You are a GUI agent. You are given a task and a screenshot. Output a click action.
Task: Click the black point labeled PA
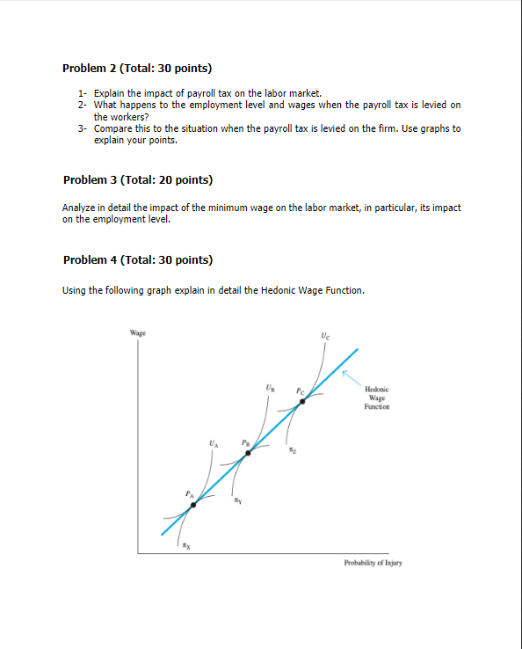pyautogui.click(x=194, y=505)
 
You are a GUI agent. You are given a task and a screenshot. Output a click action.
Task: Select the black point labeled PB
pyautogui.click(x=248, y=453)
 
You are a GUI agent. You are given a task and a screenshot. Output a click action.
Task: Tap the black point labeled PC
pyautogui.click(x=301, y=401)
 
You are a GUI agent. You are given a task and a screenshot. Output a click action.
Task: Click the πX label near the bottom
pyautogui.click(x=185, y=546)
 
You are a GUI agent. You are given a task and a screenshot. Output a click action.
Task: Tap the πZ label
pyautogui.click(x=292, y=450)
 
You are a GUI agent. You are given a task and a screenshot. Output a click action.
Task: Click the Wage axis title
pyautogui.click(x=137, y=332)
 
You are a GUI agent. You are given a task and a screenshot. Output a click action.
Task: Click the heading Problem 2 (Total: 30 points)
pyautogui.click(x=138, y=68)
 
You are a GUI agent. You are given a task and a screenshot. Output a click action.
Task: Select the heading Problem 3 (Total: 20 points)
pyautogui.click(x=138, y=180)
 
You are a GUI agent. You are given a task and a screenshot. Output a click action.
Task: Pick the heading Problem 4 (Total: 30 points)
pyautogui.click(x=138, y=259)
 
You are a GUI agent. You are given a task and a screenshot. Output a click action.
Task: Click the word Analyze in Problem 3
pyautogui.click(x=79, y=208)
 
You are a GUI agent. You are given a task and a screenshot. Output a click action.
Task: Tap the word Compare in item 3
pyautogui.click(x=112, y=128)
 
